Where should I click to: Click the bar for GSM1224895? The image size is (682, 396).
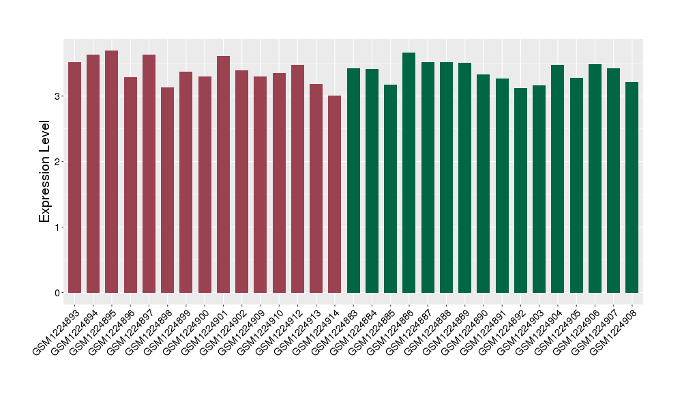(x=112, y=171)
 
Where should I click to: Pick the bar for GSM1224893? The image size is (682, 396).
(x=75, y=178)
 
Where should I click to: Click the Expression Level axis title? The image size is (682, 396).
(x=45, y=171)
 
